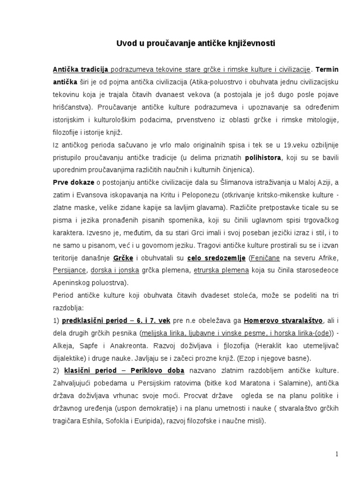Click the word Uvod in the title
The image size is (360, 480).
(125, 44)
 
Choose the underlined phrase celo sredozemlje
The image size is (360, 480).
(216, 258)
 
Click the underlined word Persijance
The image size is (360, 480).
(69, 270)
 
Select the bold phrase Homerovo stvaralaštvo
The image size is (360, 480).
(283, 321)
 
